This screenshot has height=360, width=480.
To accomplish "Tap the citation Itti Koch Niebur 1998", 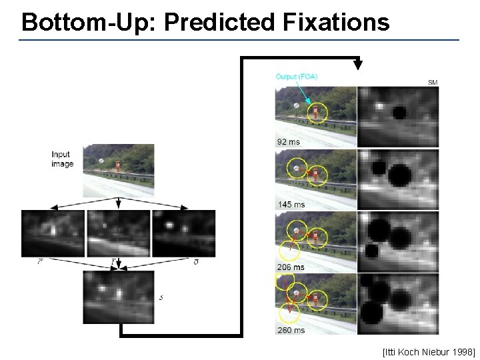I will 429,351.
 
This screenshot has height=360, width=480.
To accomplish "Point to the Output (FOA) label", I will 297,77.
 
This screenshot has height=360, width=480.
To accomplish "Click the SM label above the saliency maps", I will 432,83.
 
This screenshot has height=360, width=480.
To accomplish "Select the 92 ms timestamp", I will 288,141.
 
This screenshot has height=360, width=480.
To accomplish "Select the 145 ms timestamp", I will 290,204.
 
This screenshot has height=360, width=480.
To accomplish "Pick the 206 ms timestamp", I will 290,267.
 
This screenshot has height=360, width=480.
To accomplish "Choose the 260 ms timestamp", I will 290,330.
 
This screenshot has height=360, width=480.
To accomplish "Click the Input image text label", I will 62,159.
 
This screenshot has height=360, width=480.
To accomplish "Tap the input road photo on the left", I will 118,170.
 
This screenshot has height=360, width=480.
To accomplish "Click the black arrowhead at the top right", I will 358,65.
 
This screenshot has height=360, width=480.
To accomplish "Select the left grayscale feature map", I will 53,233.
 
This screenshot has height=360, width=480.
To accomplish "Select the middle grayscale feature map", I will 118,233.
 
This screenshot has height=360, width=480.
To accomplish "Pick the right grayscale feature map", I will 183,233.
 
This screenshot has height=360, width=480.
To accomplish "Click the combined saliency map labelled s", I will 118,297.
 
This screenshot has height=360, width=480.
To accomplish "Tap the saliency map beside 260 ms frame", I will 399,304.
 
